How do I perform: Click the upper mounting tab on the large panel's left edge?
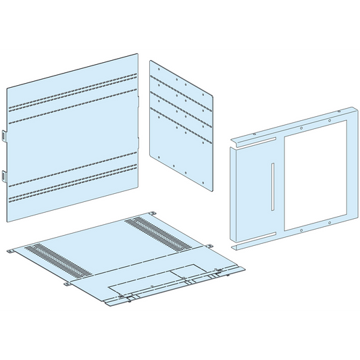tap(3, 136)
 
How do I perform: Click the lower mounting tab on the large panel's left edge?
tap(3, 177)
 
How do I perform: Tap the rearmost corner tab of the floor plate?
tap(155, 214)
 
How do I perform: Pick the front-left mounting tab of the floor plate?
tap(68, 283)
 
